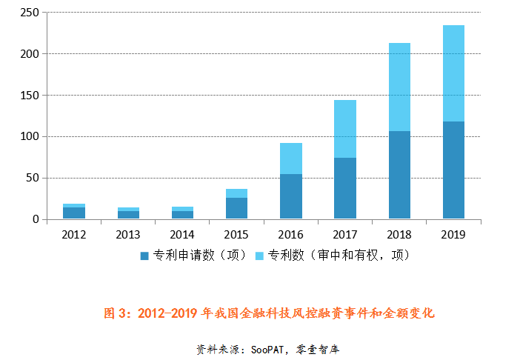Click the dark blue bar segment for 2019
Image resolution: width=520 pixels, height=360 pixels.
click(453, 170)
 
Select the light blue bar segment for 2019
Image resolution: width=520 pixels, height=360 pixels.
click(453, 73)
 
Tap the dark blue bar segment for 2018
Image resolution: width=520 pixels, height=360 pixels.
click(399, 175)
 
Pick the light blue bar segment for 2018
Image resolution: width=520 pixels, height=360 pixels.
click(399, 87)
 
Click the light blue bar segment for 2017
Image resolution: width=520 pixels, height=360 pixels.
click(345, 129)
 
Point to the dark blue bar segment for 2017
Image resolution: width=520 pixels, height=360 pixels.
click(345, 188)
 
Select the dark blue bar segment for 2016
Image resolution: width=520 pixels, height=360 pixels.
click(291, 196)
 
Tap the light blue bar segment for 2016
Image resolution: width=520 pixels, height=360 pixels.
click(291, 159)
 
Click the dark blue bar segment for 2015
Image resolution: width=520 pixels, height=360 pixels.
click(237, 208)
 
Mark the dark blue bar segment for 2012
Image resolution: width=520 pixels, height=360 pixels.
click(74, 213)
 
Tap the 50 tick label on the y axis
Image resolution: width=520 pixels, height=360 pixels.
click(32, 178)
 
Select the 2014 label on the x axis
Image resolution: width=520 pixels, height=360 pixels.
click(182, 235)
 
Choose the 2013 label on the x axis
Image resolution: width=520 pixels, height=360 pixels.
click(128, 235)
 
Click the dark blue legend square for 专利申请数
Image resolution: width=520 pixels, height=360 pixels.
click(144, 256)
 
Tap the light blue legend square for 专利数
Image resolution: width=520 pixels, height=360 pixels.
click(259, 256)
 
